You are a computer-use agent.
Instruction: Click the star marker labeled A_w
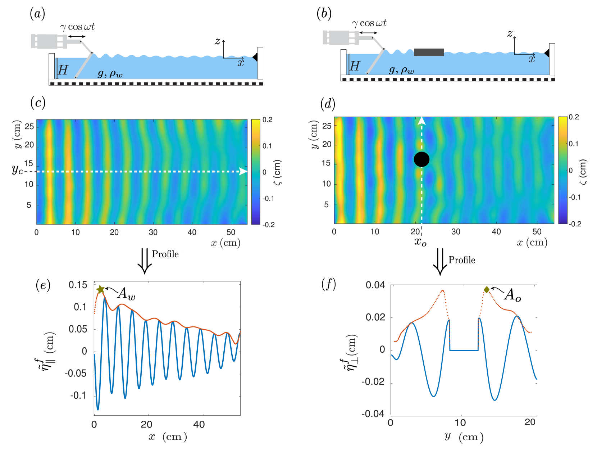point(101,289)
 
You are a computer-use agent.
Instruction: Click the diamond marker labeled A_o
point(487,290)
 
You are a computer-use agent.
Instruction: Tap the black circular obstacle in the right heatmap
point(421,159)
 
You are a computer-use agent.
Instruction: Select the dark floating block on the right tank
point(429,52)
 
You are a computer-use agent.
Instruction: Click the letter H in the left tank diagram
point(63,70)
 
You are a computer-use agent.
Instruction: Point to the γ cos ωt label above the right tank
point(369,23)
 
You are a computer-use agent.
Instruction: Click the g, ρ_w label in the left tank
point(110,74)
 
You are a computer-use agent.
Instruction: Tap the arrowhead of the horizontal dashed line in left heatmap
point(244,171)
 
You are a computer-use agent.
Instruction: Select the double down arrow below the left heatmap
point(144,260)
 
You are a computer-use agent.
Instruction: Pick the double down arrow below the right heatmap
point(439,261)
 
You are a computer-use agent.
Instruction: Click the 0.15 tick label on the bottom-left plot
point(78,285)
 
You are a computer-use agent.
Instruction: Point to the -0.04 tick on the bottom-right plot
point(373,414)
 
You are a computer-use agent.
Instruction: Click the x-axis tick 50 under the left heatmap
point(231,232)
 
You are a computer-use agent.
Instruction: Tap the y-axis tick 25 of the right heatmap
point(327,126)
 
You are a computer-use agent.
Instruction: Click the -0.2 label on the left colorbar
point(268,225)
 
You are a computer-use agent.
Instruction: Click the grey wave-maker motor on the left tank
point(49,41)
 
